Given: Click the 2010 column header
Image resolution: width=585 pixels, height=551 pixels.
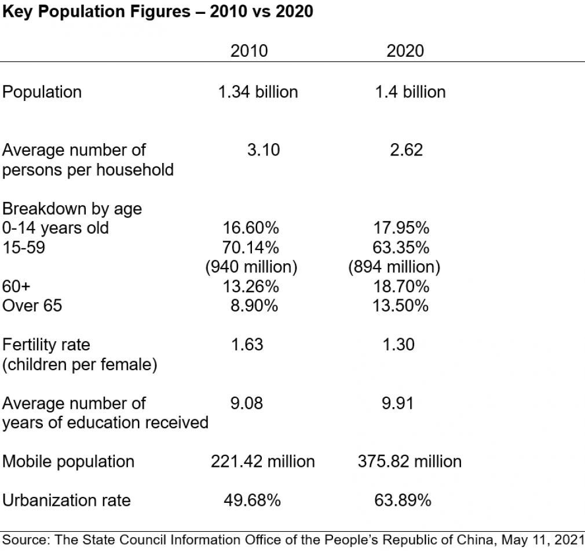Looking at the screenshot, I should click(x=249, y=50).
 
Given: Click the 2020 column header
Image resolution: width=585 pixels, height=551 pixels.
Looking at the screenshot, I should click(x=405, y=50).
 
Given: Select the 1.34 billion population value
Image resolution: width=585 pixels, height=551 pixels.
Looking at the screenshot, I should click(x=258, y=92).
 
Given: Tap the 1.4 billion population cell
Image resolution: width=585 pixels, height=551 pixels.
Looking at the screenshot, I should click(x=411, y=92).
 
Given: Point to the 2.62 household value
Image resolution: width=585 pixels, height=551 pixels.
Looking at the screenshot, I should click(x=406, y=150).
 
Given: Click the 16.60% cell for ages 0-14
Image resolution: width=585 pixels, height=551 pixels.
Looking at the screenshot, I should click(x=251, y=228).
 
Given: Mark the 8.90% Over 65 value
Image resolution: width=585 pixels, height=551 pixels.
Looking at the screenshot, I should click(x=254, y=306).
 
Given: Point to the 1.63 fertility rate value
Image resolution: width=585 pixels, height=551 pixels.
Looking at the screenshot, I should click(x=247, y=345).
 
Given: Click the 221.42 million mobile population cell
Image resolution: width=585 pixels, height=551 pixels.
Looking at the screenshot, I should click(x=262, y=461).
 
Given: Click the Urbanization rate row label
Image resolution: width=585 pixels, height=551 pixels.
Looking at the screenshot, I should click(x=67, y=500).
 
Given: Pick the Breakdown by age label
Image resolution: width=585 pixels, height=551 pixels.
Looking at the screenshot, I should click(x=72, y=209).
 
